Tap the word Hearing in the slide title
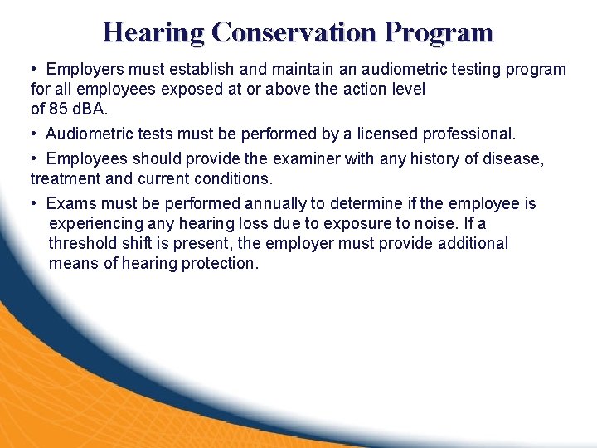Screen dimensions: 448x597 click(153, 32)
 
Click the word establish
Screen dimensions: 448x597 click(197, 70)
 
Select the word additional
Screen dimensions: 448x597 click(473, 243)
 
